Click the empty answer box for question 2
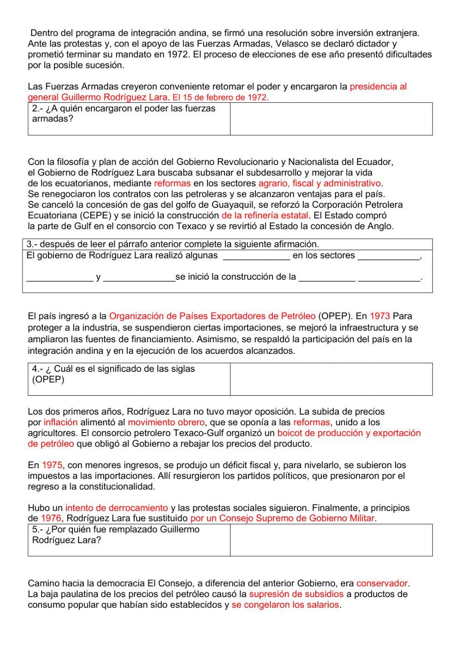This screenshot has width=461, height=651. click(x=331, y=119)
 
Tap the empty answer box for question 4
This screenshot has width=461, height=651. click(x=331, y=379)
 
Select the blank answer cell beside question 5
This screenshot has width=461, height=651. click(x=331, y=540)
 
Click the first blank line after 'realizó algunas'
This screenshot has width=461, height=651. click(x=256, y=256)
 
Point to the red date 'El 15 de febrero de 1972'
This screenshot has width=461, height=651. click(x=219, y=98)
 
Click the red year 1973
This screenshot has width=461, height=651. click(x=380, y=317)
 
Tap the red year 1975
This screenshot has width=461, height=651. click(x=52, y=465)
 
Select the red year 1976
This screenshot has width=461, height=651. click(x=52, y=519)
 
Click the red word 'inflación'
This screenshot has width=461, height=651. click(x=61, y=422)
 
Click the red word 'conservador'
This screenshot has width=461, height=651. click(x=382, y=584)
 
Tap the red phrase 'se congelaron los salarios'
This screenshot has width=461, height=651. click(x=285, y=605)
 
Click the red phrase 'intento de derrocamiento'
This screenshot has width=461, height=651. click(x=117, y=508)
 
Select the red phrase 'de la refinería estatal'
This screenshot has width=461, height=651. click(x=265, y=216)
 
